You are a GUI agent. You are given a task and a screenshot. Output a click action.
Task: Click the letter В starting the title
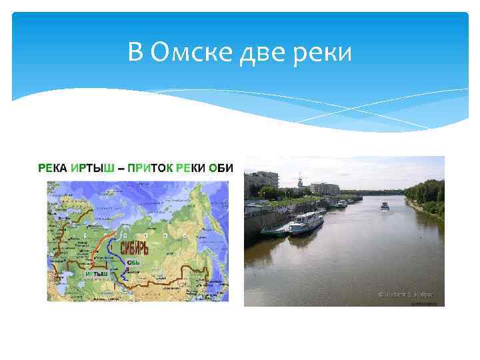(136, 51)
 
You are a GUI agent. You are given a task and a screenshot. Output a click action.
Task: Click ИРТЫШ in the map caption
(93, 168)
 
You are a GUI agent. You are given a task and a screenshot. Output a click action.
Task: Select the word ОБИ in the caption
(221, 168)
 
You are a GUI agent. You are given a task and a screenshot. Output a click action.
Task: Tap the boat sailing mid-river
(385, 206)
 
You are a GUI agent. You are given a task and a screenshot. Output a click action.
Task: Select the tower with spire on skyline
(300, 180)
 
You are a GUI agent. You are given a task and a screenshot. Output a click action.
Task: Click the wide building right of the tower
(325, 189)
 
